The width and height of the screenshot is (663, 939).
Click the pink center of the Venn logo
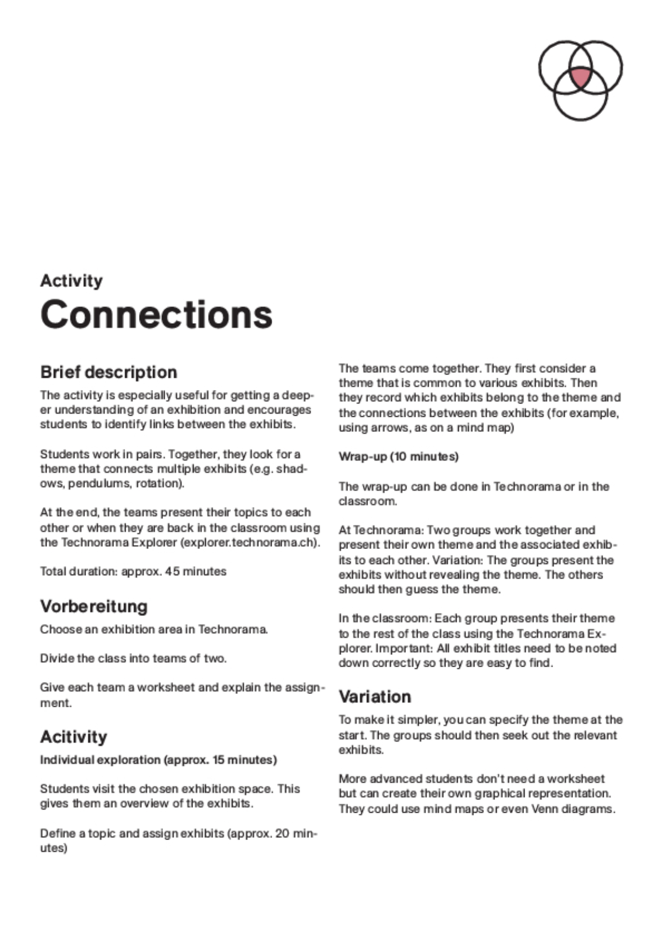click(580, 77)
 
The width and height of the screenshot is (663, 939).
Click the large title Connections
click(156, 314)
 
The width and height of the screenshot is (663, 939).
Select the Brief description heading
click(109, 372)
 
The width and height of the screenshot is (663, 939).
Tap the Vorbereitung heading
click(94, 606)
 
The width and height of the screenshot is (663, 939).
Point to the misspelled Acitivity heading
click(73, 737)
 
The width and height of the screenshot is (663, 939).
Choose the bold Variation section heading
click(375, 697)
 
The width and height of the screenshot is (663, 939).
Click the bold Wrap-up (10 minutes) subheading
click(398, 456)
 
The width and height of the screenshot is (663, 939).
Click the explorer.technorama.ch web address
click(250, 542)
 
